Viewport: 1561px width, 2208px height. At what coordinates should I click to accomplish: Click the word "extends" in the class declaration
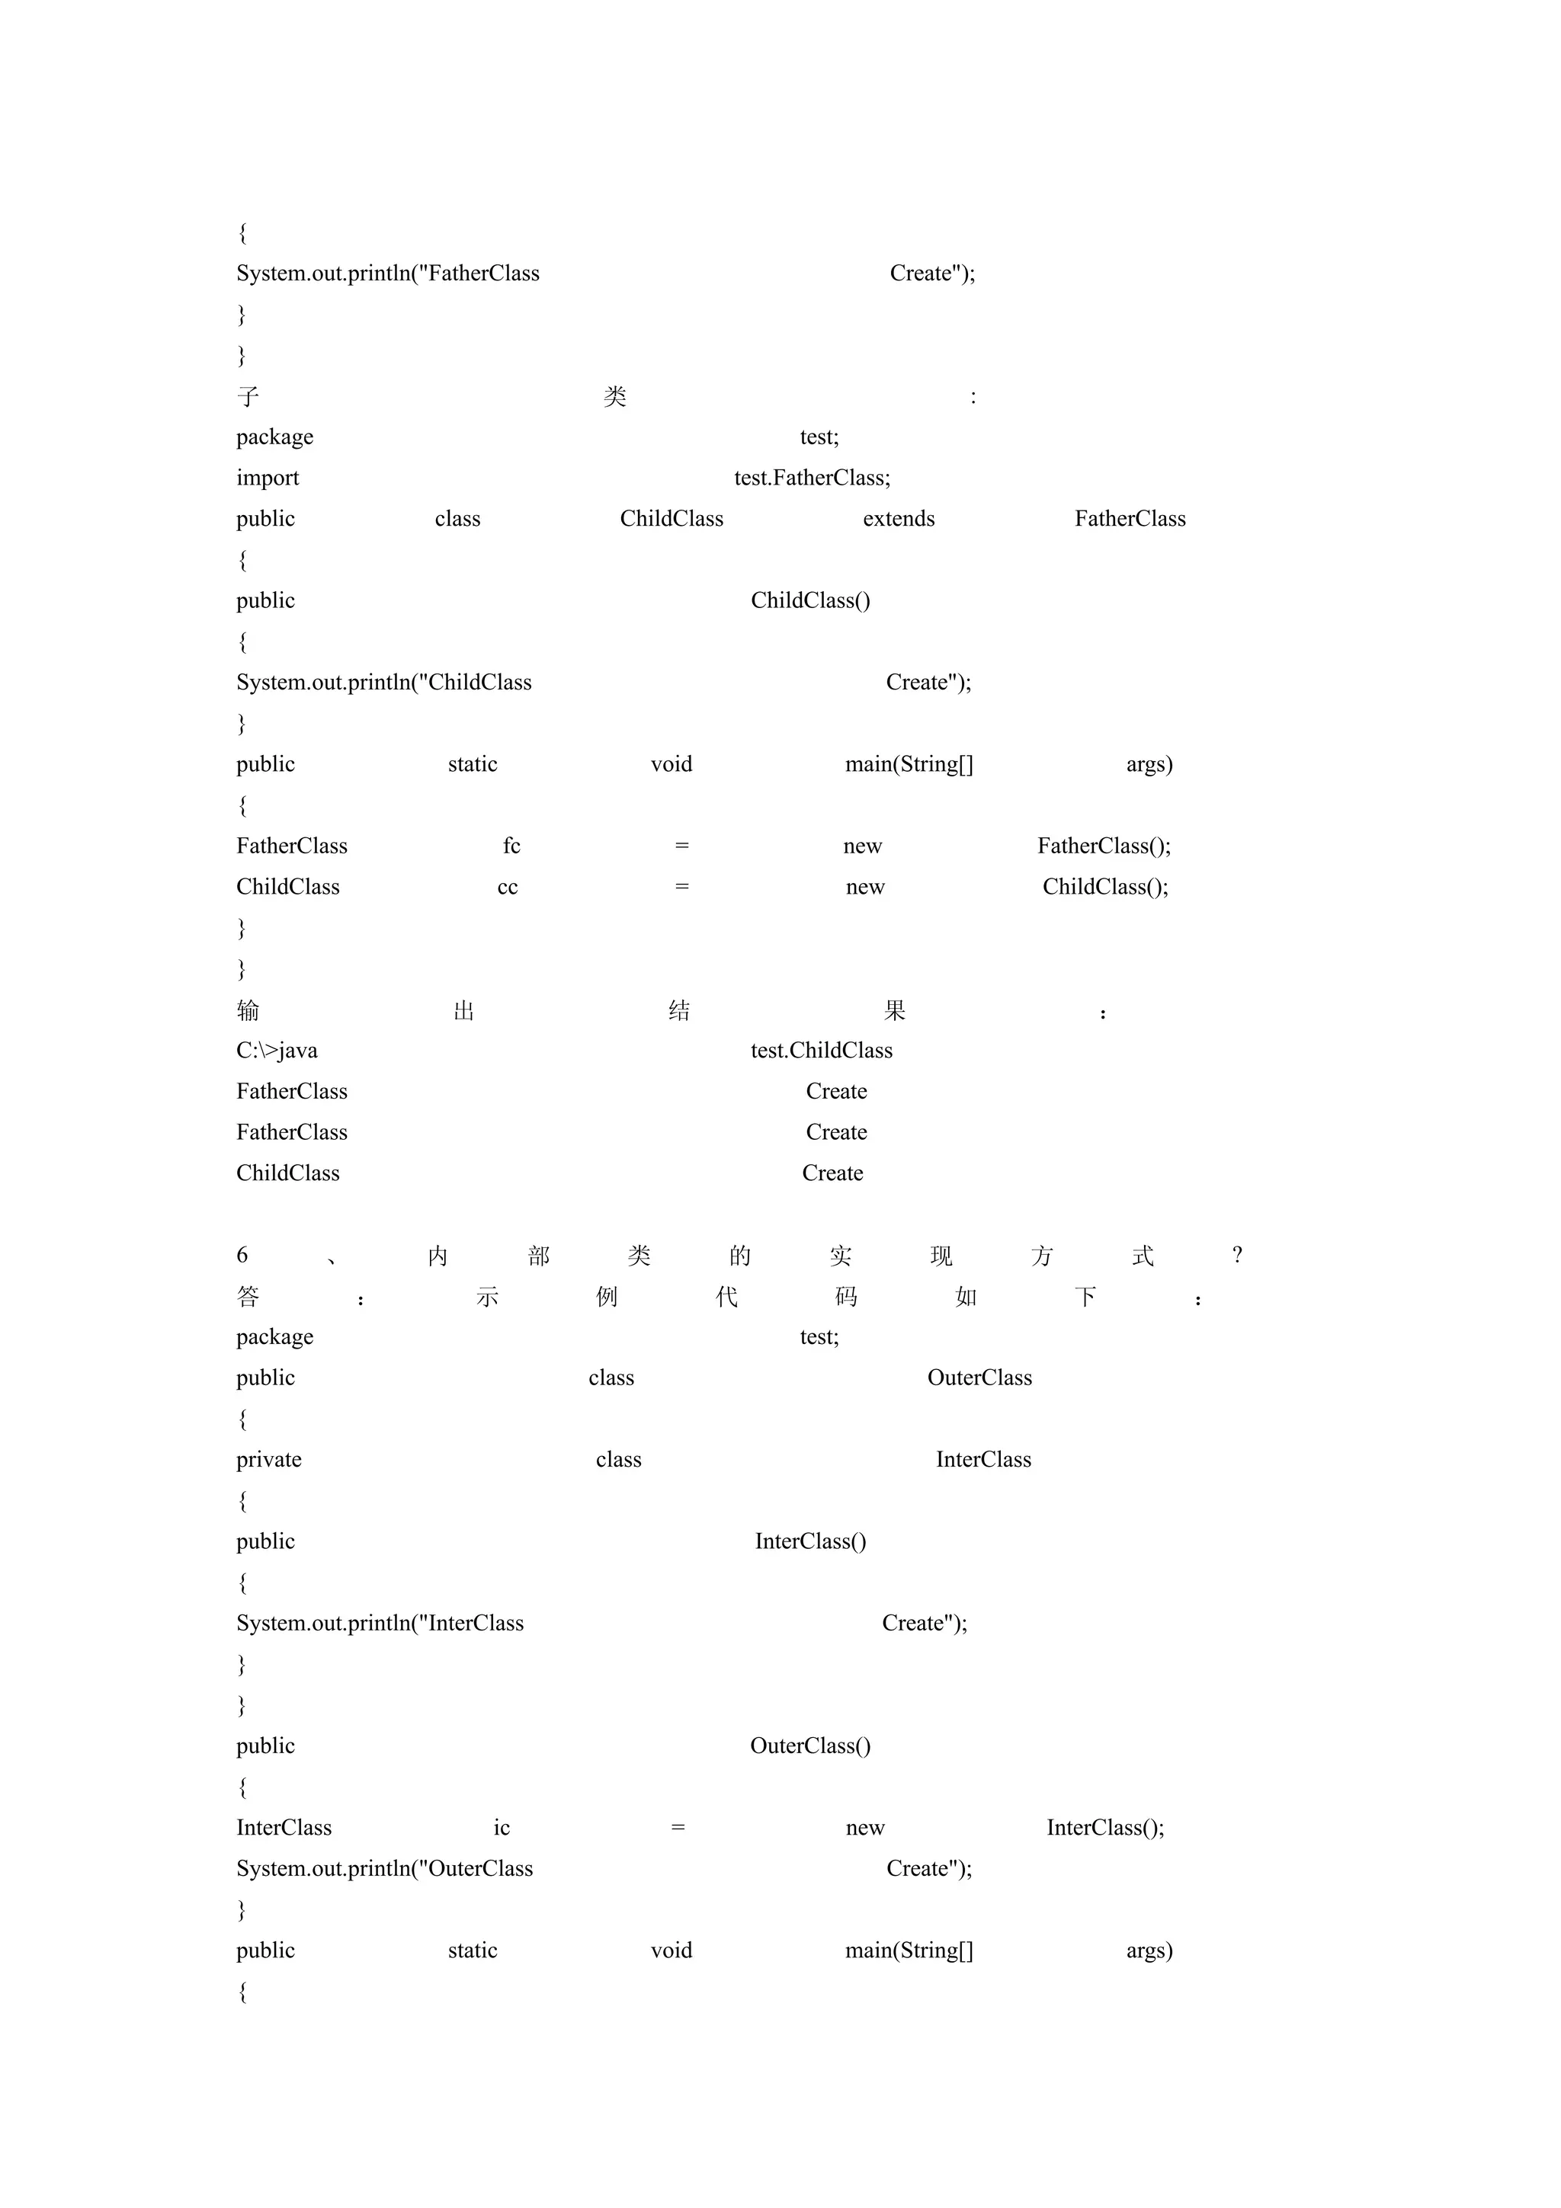coord(899,520)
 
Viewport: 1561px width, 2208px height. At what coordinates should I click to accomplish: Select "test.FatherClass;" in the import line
coord(812,478)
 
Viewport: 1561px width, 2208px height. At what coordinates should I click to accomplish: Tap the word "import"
coord(268,478)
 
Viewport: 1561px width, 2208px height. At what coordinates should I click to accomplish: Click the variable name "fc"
coord(511,846)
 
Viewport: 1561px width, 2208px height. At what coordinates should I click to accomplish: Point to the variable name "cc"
coord(507,888)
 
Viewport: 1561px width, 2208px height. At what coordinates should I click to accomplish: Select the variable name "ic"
coord(501,1828)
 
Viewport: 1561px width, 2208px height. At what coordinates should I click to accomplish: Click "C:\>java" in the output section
coord(277,1051)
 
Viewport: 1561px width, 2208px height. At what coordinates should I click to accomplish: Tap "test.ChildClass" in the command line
coord(822,1051)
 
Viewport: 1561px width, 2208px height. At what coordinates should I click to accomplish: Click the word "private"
coord(268,1460)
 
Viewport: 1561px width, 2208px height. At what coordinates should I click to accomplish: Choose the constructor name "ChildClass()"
coord(809,601)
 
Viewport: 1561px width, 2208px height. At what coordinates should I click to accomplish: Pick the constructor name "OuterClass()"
coord(809,1746)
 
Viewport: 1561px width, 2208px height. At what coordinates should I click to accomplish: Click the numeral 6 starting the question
coord(242,1255)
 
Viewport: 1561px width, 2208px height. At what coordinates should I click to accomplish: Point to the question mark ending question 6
coord(1237,1255)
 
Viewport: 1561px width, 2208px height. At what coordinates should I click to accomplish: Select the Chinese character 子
coord(248,396)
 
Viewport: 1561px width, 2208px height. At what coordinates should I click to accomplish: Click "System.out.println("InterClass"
coord(380,1624)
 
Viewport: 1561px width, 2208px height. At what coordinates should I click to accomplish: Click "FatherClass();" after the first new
coord(1103,846)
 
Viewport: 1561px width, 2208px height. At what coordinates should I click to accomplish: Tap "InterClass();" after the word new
coord(1105,1828)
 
